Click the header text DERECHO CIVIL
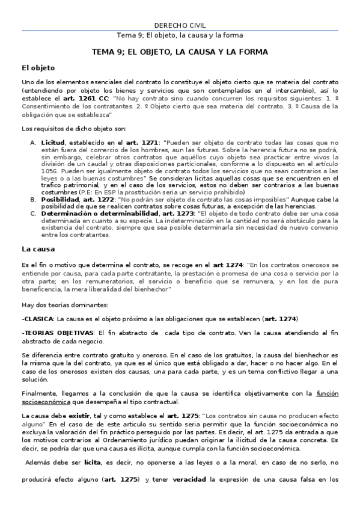180,25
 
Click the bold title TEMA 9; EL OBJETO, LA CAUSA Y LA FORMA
180,52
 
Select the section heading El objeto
38,68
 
